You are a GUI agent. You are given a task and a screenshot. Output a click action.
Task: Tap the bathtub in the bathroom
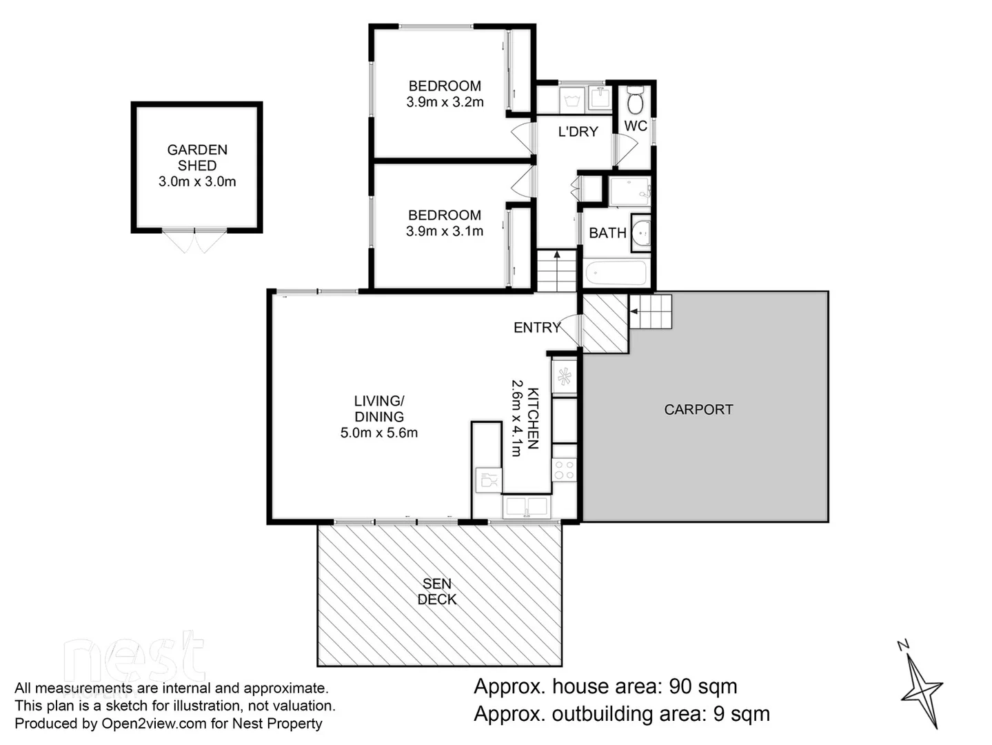tap(616, 272)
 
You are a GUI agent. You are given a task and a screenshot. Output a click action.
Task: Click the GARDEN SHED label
tap(197, 157)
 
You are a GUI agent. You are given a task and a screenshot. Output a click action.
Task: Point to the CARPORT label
tap(698, 409)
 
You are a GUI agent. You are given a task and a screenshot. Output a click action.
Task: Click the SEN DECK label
tap(437, 592)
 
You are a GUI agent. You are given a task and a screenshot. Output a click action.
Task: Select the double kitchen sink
tap(527, 507)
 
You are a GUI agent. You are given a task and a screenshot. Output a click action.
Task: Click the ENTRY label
tap(537, 328)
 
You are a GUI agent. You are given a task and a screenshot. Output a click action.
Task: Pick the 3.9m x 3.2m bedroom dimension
tap(445, 102)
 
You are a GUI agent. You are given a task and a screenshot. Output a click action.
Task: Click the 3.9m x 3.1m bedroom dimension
tap(445, 231)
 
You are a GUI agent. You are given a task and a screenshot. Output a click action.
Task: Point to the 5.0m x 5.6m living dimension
tap(379, 433)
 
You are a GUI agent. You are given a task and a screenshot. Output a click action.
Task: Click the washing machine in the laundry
tap(571, 99)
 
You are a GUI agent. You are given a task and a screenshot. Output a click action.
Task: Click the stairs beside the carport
tap(650, 312)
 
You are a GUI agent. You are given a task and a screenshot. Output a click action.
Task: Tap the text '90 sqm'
tap(703, 686)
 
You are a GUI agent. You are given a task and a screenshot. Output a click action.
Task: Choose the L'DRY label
tap(578, 131)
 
